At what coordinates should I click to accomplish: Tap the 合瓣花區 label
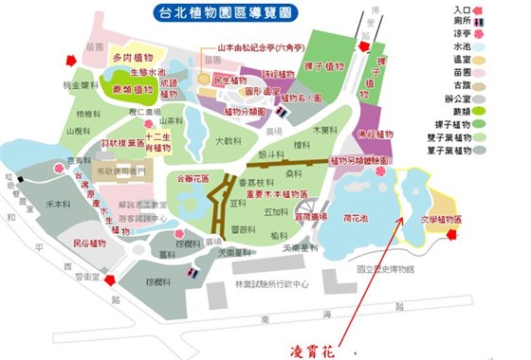(x=192, y=176)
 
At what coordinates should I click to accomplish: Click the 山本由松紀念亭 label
(x=261, y=45)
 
